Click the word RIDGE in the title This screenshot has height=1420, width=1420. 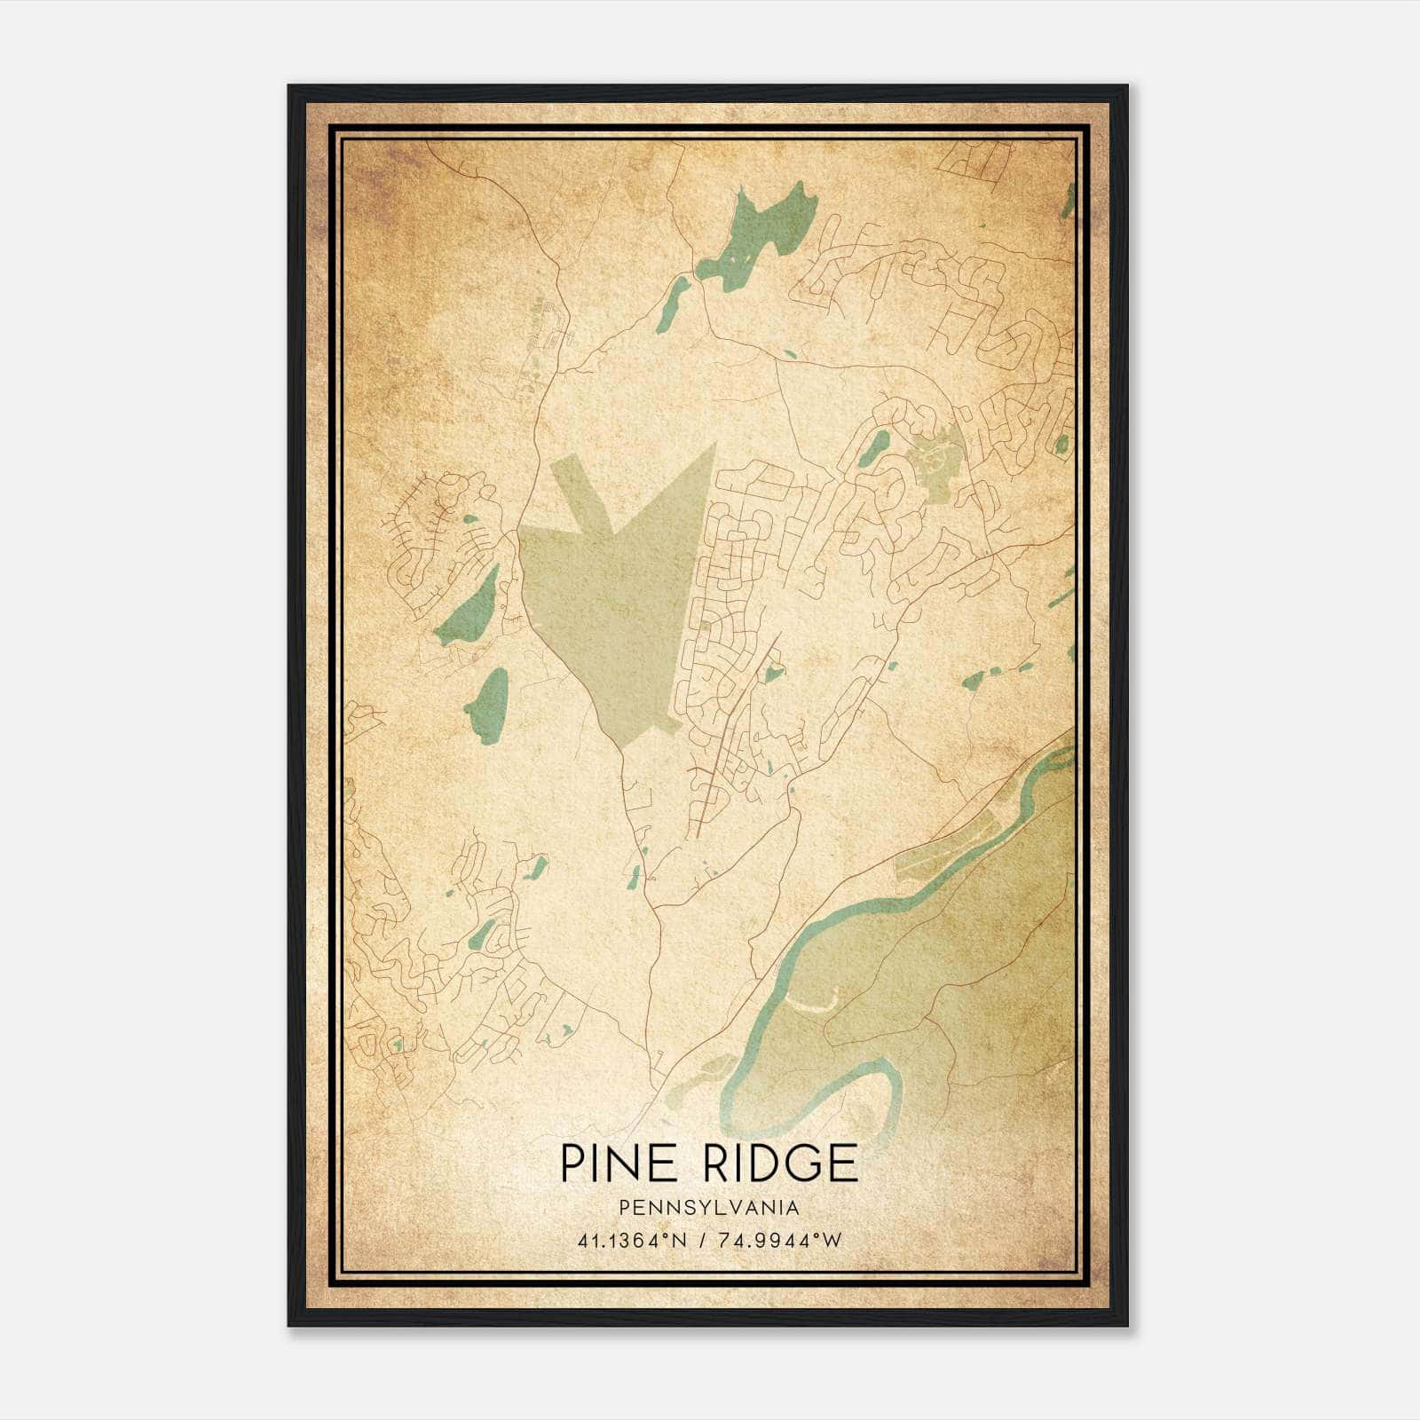coord(777,1164)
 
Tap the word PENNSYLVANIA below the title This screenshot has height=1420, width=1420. coord(709,1208)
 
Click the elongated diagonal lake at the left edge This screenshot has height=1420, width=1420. coord(468,609)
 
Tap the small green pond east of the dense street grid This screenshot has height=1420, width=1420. coord(773,674)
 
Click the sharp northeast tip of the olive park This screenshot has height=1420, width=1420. coord(714,446)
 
